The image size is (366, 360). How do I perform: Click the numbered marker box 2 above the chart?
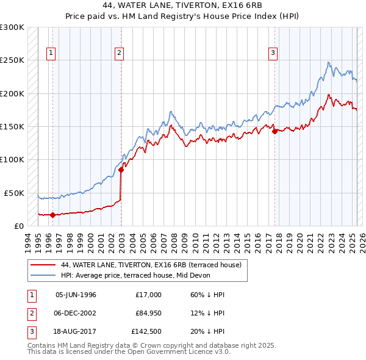119,53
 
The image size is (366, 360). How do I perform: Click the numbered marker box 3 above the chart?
273,53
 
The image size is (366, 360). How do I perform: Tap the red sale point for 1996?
52,215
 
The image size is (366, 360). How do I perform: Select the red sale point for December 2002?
121,170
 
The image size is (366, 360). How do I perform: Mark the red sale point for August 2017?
275,131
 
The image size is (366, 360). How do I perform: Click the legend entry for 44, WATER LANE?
151,265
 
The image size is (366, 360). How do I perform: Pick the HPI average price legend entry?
135,275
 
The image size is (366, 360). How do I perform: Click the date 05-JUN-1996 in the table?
76,295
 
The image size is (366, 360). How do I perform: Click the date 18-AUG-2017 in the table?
76,331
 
